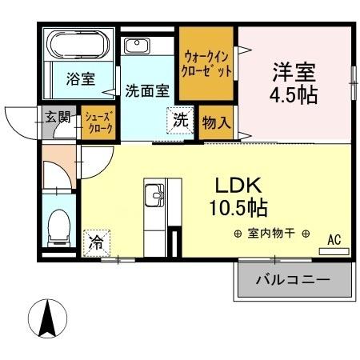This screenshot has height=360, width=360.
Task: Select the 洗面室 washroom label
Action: [x=146, y=90]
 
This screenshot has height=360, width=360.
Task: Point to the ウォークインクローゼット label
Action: [x=208, y=63]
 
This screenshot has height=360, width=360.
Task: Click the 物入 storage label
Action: [x=217, y=123]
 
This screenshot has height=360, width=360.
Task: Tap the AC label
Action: [x=336, y=238]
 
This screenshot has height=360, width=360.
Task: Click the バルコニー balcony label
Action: [x=293, y=280]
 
